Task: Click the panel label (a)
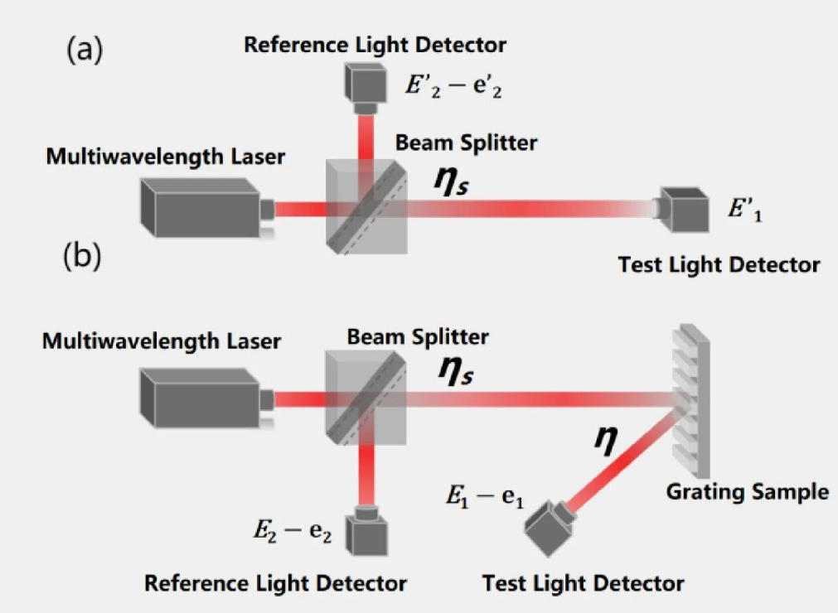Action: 85,51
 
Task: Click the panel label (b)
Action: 82,257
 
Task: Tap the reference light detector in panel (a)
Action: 365,88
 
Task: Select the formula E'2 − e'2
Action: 453,86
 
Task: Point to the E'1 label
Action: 745,210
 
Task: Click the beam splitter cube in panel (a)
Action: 366,206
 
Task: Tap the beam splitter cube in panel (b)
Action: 366,398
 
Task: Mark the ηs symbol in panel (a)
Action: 452,181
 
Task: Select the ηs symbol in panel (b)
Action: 455,370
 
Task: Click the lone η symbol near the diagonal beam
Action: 606,440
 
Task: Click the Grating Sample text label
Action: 747,491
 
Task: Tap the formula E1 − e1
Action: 485,497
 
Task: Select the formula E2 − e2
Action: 293,531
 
